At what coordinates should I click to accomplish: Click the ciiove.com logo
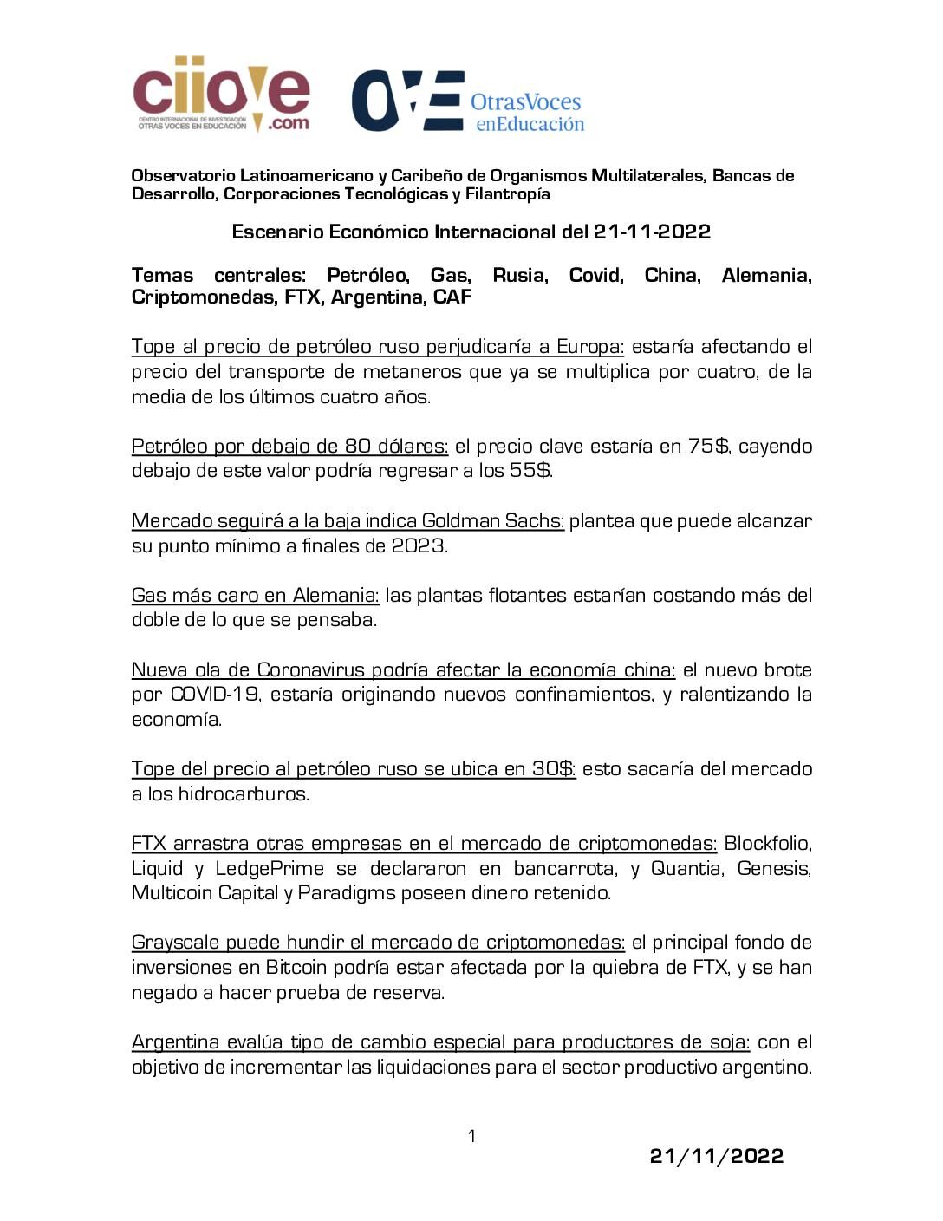[x=221, y=95]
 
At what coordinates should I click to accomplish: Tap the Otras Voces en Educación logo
[x=468, y=101]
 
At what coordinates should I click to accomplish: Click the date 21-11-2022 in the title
[x=652, y=232]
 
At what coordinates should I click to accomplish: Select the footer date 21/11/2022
[x=716, y=1156]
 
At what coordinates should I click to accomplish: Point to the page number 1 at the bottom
[x=471, y=1136]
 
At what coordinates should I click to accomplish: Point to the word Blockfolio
[x=767, y=844]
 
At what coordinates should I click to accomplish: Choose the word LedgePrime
[x=270, y=869]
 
